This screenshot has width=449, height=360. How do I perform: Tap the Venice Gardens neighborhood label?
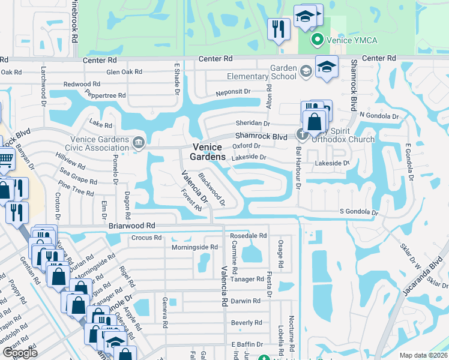(209, 152)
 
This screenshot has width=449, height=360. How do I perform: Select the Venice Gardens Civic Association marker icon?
(139, 142)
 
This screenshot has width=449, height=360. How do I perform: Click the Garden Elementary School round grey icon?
(306, 72)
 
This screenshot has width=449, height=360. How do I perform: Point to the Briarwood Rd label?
(132, 226)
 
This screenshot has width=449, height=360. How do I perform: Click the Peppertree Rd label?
(104, 95)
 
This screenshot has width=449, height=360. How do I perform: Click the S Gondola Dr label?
(360, 212)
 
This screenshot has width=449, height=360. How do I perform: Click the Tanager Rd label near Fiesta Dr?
(247, 279)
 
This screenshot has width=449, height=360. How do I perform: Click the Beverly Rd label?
(246, 322)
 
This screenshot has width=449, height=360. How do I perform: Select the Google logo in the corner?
(20, 353)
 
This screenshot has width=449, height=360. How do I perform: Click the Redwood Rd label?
(82, 84)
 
